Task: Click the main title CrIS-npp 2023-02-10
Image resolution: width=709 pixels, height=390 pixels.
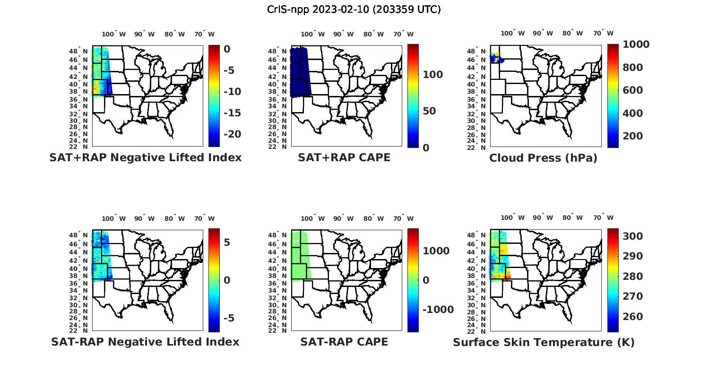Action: pos(354,9)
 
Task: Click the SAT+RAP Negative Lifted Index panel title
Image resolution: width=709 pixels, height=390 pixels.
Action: pos(145,157)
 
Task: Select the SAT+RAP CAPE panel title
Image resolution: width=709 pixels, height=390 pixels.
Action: pos(344,157)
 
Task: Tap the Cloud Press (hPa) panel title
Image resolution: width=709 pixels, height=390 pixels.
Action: pos(543,158)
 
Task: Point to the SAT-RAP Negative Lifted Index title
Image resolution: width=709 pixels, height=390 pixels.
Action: pos(145,342)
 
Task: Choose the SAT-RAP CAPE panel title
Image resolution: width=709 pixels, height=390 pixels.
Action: pos(344,342)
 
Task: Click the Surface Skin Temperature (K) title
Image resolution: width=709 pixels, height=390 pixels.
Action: pos(544,342)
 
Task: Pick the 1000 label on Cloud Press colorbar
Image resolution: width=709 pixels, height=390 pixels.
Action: pos(636,44)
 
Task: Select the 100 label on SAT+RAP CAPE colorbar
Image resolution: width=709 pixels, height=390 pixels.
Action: pos(432,75)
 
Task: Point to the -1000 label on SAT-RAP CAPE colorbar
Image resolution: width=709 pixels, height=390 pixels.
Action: pos(438,310)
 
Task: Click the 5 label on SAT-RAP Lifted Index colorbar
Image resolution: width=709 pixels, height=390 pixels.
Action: pos(227,243)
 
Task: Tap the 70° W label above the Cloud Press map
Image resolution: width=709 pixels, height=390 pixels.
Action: pos(603,33)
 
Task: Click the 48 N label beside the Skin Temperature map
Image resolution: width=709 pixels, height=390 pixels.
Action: pos(480,235)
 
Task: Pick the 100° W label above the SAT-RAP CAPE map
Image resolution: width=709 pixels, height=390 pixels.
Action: pos(312,218)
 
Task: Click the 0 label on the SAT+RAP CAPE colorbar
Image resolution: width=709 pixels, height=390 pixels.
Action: pos(426,148)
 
